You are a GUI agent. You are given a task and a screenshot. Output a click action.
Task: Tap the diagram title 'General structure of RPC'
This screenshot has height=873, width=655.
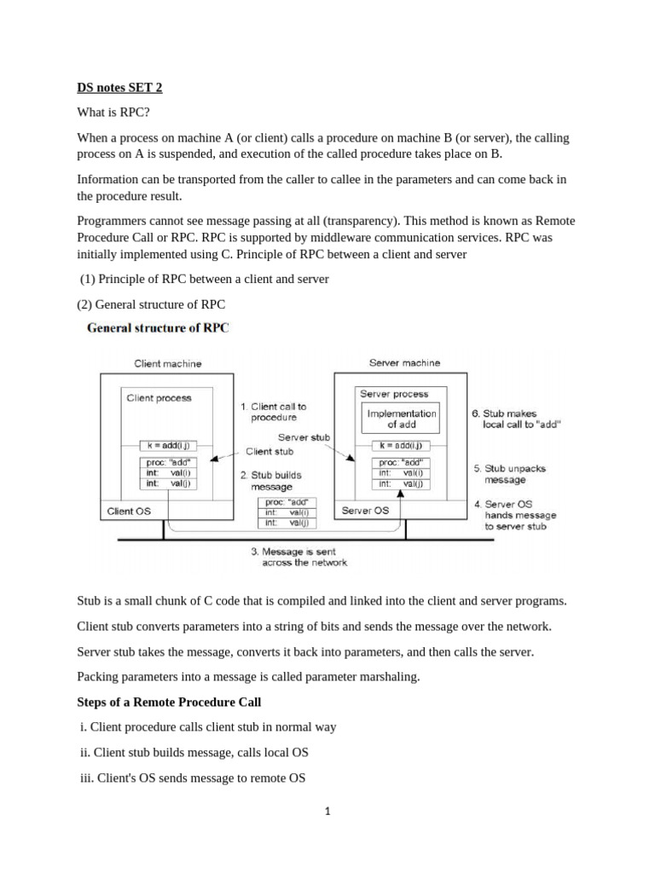[x=158, y=327]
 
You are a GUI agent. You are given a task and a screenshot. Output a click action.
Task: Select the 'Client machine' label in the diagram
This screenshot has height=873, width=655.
[x=168, y=364]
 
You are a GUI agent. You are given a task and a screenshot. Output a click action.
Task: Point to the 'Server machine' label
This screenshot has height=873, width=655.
[x=404, y=363]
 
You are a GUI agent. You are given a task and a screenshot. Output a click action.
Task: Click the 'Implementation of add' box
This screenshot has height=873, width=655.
[x=401, y=419]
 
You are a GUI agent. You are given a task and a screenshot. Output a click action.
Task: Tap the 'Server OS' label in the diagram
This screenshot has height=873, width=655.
[x=365, y=511]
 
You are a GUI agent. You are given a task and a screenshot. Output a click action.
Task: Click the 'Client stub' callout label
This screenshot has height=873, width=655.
[x=270, y=452]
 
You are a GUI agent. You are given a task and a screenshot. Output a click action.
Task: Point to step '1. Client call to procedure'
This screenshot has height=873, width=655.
[x=273, y=413]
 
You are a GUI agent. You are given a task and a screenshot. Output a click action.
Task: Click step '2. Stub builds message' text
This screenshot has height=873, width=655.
[x=270, y=481]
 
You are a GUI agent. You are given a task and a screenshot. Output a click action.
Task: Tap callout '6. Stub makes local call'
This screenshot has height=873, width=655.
[x=516, y=419]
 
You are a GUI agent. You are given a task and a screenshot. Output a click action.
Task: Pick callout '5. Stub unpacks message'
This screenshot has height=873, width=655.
[x=510, y=474]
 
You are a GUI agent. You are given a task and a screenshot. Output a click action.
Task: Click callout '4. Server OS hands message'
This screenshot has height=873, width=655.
[x=515, y=515]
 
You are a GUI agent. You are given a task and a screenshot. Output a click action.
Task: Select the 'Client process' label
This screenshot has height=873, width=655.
[x=159, y=397]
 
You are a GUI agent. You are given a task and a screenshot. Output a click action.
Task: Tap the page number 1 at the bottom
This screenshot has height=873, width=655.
[x=327, y=812]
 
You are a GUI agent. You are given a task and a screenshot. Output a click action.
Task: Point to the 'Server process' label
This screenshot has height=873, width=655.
[x=394, y=394]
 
